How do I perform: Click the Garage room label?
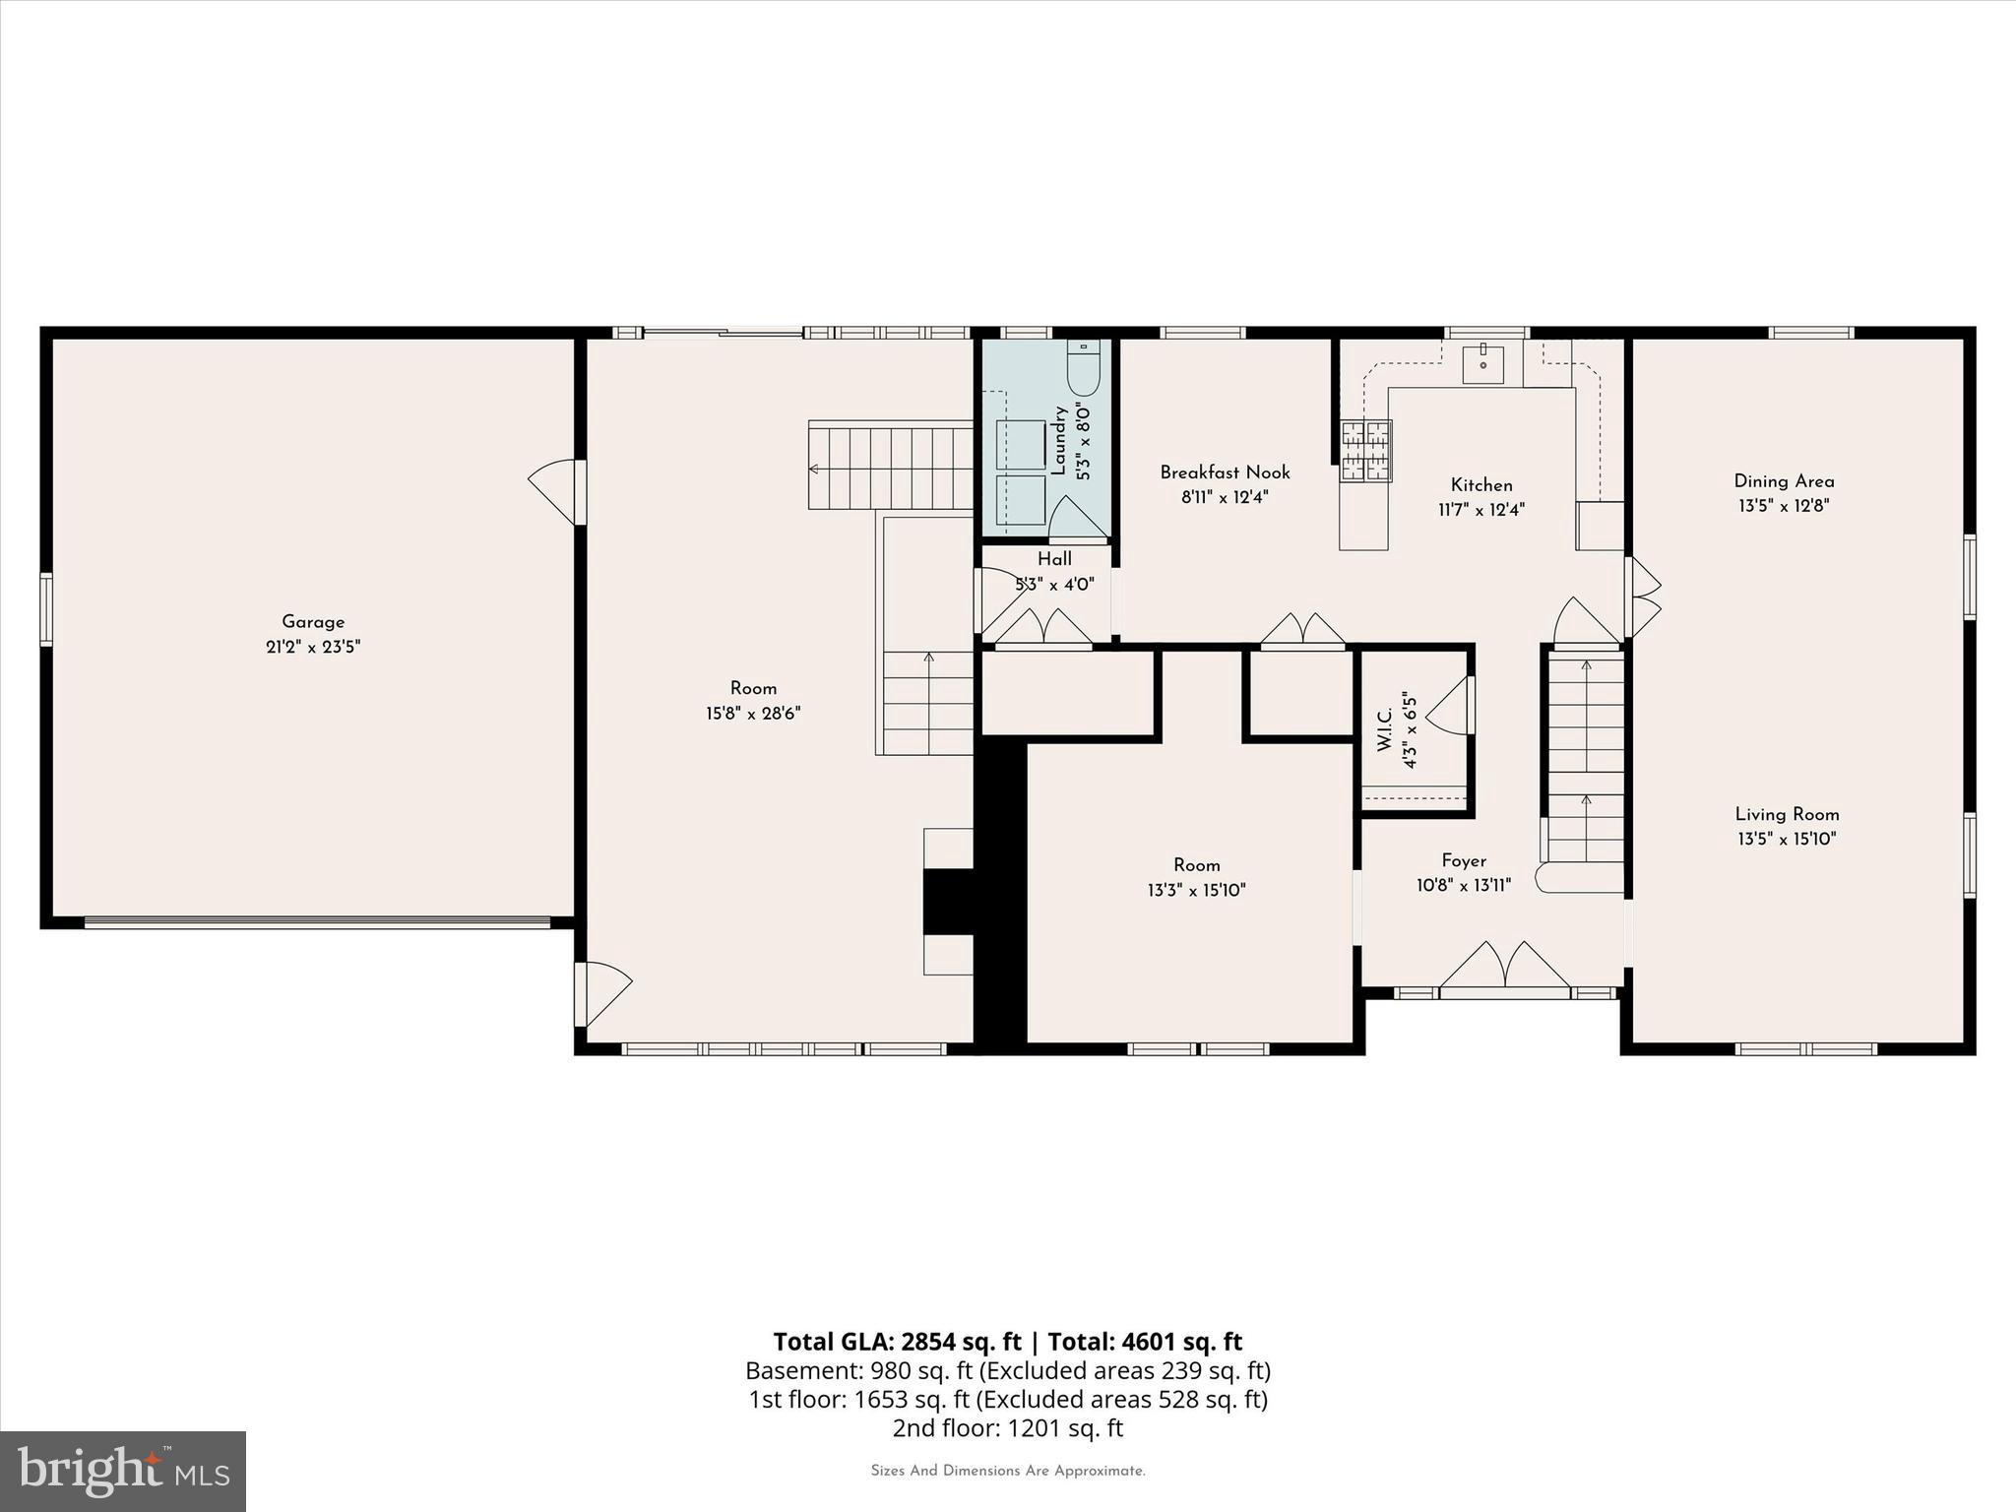coord(313,622)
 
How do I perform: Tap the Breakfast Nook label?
coord(1225,472)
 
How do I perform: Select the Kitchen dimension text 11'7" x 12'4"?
coord(1480,510)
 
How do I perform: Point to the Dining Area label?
coord(1784,481)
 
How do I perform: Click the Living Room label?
coord(1787,814)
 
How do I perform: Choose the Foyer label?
coord(1464,860)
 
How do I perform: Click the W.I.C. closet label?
coord(1385,729)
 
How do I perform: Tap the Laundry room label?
coord(1059,442)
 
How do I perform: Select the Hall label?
coord(1054,559)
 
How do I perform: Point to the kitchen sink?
coord(1482,364)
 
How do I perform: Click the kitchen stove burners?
coord(1366,452)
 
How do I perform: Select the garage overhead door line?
coord(317,923)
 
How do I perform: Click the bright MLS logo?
coord(123,1471)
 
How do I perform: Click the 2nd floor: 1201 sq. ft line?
coord(1007,1427)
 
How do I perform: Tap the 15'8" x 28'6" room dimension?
coord(753,714)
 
